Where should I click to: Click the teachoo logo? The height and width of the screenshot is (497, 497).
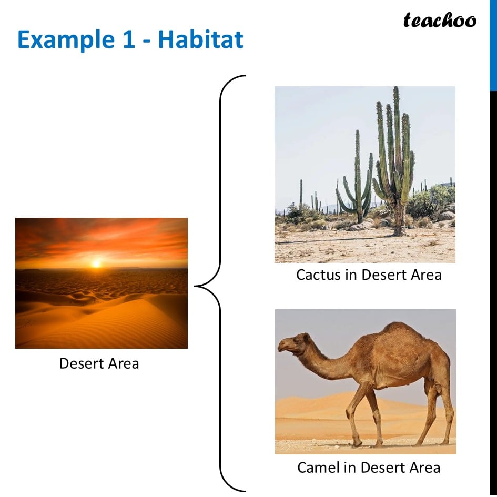(440, 21)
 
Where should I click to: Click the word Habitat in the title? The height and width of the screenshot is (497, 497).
(200, 39)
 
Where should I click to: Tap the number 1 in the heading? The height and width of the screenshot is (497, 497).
(128, 39)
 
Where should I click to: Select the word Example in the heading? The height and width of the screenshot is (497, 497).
(66, 40)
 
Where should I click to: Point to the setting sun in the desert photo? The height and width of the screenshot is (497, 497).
(96, 263)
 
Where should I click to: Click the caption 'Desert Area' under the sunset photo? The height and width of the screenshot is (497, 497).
(99, 363)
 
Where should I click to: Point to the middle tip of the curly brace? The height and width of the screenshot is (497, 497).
(195, 286)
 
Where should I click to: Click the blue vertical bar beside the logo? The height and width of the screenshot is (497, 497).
(493, 45)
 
